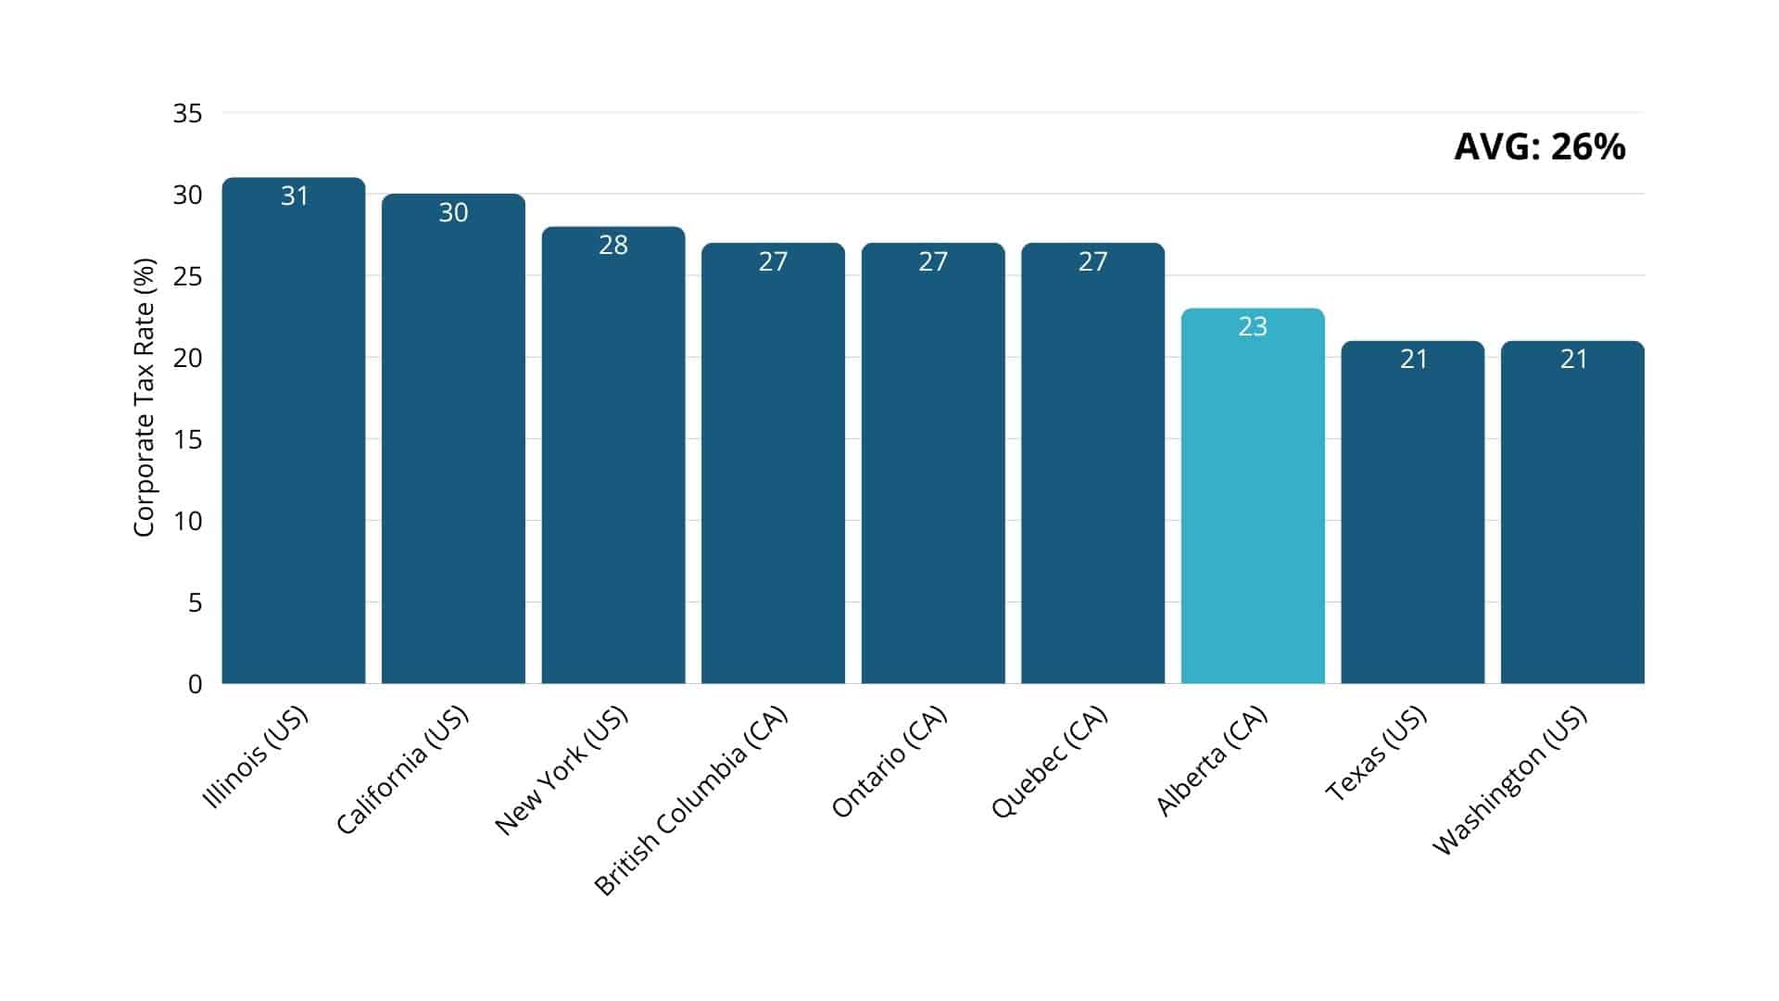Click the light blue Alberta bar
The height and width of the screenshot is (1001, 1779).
(x=1253, y=500)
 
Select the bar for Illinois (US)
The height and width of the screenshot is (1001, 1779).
(x=294, y=436)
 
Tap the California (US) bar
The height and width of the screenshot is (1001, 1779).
(x=453, y=445)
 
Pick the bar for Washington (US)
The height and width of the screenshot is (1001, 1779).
(x=1572, y=519)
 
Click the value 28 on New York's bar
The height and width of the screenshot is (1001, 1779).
(x=613, y=245)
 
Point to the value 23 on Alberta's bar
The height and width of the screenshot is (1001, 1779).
(x=1253, y=326)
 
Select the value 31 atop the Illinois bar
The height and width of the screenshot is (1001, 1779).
(x=294, y=196)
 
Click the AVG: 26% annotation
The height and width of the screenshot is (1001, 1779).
(x=1539, y=147)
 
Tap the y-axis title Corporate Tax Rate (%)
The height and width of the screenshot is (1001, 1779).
(x=144, y=397)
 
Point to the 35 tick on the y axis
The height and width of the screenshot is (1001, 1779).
(x=187, y=114)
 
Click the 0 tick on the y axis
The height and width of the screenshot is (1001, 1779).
(x=195, y=684)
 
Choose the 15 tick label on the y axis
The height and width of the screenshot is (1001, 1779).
(x=187, y=439)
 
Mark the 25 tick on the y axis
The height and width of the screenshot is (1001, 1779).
(x=187, y=276)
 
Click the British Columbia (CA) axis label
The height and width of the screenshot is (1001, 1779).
(x=690, y=801)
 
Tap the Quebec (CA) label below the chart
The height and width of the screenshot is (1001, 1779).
(x=1049, y=762)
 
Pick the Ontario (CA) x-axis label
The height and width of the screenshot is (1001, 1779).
(x=889, y=762)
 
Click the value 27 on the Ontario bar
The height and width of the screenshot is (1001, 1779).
(x=933, y=261)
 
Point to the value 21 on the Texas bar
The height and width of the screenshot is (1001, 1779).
(x=1413, y=359)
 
